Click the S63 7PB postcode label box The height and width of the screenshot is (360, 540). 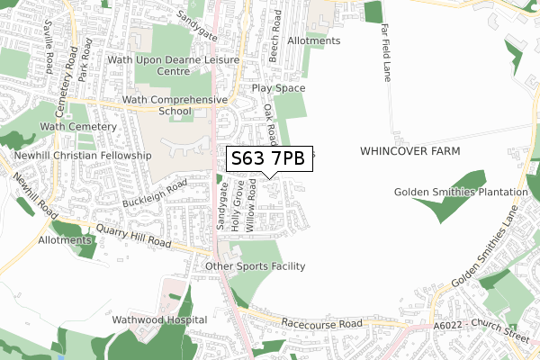[269, 159]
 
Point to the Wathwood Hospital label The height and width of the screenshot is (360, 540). [160, 319]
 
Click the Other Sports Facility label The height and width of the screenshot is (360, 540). [256, 266]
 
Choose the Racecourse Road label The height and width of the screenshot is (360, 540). [321, 322]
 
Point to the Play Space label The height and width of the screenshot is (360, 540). [278, 89]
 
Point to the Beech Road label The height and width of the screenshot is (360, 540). [275, 35]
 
